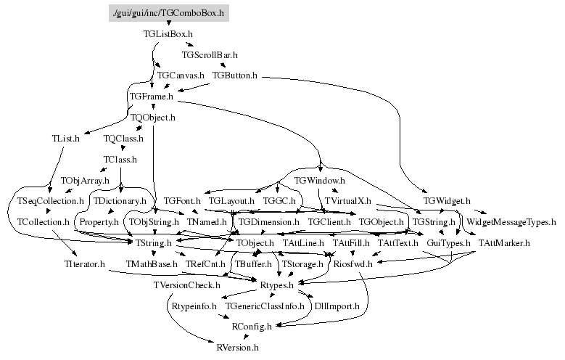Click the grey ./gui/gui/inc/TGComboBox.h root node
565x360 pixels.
click(x=168, y=12)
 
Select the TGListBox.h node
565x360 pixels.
click(x=168, y=33)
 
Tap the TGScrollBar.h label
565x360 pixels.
click(x=210, y=54)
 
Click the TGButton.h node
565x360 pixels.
click(x=235, y=75)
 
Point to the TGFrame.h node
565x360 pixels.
click(x=151, y=96)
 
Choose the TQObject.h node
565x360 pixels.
click(x=153, y=117)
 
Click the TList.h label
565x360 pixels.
click(x=65, y=138)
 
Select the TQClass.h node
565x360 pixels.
click(x=123, y=138)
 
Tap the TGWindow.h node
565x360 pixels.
click(x=319, y=179)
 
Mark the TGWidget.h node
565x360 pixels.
click(x=447, y=200)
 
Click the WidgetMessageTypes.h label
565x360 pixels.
click(x=511, y=221)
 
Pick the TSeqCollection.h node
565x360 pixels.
click(x=46, y=200)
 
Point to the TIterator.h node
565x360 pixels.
click(x=84, y=264)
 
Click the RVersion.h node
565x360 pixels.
click(x=238, y=348)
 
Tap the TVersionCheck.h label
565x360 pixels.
click(x=186, y=285)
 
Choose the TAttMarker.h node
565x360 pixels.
click(x=505, y=242)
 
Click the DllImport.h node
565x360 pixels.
click(x=337, y=306)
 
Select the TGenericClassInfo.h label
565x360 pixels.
click(x=265, y=306)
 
